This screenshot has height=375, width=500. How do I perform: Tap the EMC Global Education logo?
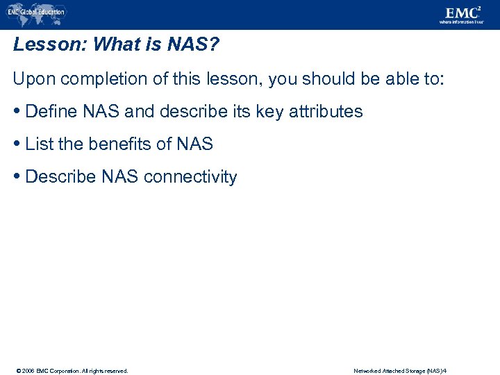click(35, 12)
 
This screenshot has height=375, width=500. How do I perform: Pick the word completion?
click(96, 78)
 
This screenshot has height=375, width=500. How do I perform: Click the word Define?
click(49, 112)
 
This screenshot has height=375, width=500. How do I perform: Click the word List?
click(37, 144)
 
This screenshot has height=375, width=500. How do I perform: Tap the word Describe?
click(60, 177)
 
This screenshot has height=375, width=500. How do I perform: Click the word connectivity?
click(190, 177)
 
